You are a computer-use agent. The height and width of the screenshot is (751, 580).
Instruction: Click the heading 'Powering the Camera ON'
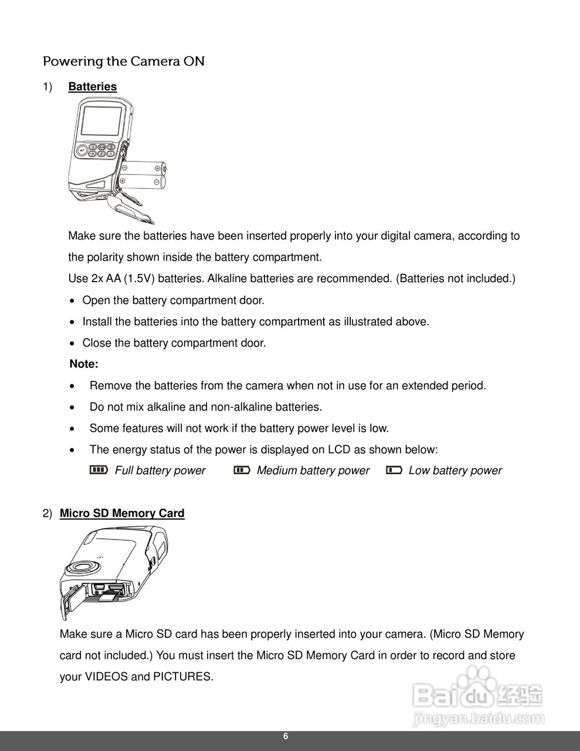pos(124,61)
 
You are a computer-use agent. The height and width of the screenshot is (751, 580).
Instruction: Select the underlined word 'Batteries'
pos(92,87)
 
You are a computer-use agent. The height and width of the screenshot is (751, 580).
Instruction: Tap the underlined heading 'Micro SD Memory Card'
pos(122,513)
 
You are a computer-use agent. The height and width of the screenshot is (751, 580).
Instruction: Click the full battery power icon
pos(99,470)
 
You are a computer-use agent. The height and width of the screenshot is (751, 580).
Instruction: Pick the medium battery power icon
pos(242,470)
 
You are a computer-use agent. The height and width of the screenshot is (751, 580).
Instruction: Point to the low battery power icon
pos(394,470)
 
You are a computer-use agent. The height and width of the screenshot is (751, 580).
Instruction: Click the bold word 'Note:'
pos(84,364)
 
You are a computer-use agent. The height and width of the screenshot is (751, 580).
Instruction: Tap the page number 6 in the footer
pos(286,737)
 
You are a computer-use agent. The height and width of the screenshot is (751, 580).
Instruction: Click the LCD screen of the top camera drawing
pos(102,121)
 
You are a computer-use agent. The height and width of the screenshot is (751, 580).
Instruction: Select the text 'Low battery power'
pos(455,471)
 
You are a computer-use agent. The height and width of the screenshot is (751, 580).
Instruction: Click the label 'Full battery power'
pos(160,471)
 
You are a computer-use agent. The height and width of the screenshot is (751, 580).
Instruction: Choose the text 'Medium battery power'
pos(313,471)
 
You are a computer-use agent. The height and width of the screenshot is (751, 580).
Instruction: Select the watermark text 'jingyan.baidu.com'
pos(479,718)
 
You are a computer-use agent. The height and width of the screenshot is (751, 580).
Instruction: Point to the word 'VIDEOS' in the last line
pos(106,676)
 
